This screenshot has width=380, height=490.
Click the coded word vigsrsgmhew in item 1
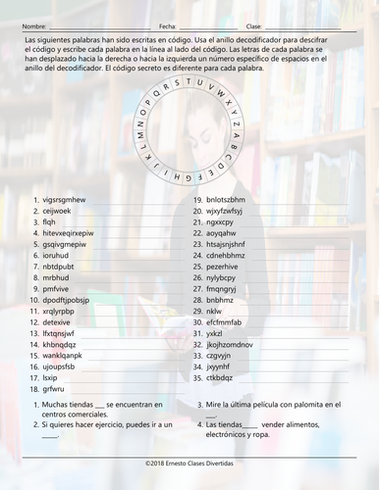click(65, 199)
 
